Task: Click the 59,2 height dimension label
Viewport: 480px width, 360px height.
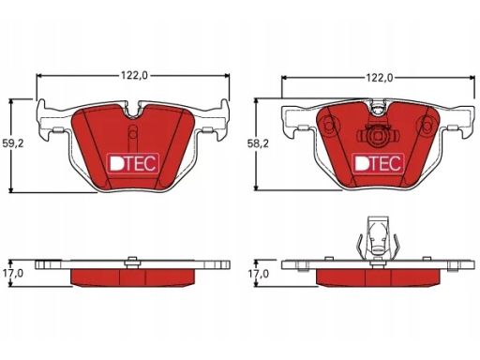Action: click(13, 143)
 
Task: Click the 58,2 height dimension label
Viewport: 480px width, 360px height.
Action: click(258, 143)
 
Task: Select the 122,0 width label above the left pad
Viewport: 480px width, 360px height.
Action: click(134, 75)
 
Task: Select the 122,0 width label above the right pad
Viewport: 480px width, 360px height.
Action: click(380, 78)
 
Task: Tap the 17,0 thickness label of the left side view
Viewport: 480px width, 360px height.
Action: click(13, 273)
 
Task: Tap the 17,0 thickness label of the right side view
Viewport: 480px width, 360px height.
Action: click(258, 274)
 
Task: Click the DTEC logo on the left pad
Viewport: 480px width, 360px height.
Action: click(133, 163)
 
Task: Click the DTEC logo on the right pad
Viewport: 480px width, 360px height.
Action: click(378, 163)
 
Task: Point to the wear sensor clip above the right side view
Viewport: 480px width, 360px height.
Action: click(378, 237)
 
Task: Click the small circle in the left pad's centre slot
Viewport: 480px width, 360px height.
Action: click(133, 134)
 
